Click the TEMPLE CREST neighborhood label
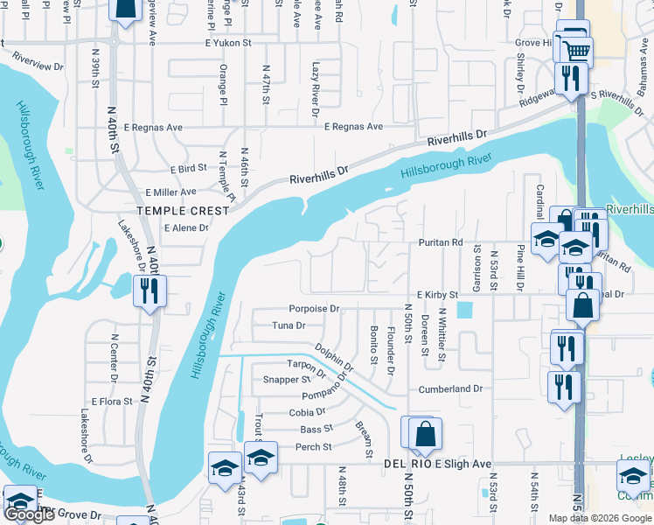[185, 211]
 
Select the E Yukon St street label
[228, 42]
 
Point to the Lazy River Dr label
[316, 87]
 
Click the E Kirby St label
[437, 296]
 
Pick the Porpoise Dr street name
[314, 309]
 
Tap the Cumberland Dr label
[450, 388]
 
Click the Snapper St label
[287, 380]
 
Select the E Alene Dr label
[186, 227]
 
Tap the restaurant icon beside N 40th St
[148, 291]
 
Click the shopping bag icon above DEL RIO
[425, 434]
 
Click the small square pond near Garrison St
[463, 311]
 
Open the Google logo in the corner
[30, 514]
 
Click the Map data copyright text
[599, 518]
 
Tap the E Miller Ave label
[171, 192]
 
